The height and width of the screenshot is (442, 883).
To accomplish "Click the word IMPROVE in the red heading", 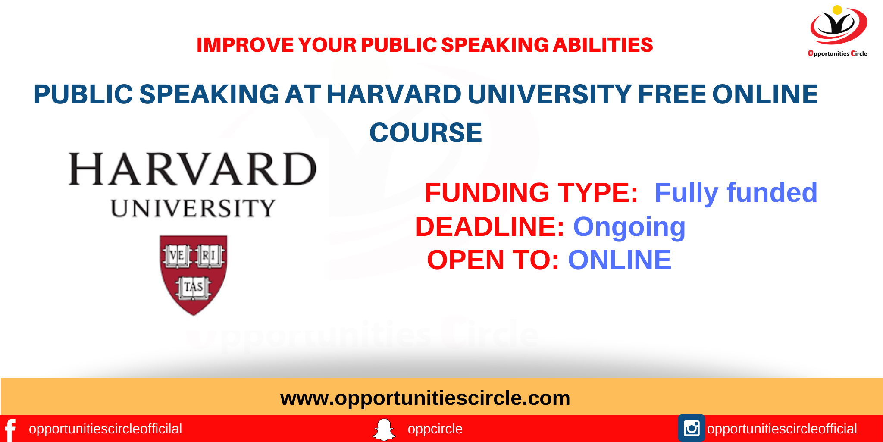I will coord(245,45).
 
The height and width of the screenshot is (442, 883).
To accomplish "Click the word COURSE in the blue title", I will coord(426,132).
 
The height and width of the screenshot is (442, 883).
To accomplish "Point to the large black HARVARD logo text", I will coord(193,169).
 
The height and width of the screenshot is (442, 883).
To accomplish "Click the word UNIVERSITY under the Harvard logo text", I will coord(193,209).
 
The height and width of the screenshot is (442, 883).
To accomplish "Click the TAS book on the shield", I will coord(193,287).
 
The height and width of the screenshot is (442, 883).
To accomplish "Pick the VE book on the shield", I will coord(177,256).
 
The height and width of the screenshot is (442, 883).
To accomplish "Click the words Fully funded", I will coord(736,192).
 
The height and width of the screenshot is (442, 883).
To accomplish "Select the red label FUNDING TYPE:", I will coord(531,192).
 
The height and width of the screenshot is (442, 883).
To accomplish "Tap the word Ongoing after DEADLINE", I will coord(629,227).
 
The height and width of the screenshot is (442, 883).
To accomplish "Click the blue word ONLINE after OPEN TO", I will coord(619,260).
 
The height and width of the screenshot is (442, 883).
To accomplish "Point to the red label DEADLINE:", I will coord(489,227).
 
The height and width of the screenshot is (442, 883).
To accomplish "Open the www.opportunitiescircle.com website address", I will coord(425,398).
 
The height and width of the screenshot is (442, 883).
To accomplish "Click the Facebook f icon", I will coord(10,429).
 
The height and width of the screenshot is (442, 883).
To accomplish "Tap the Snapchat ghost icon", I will coord(384,429).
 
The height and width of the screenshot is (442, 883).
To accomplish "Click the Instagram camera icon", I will coord(691,428).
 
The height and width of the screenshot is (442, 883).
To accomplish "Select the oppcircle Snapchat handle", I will coord(435,429).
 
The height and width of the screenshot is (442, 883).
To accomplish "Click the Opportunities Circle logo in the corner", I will coord(838,30).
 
